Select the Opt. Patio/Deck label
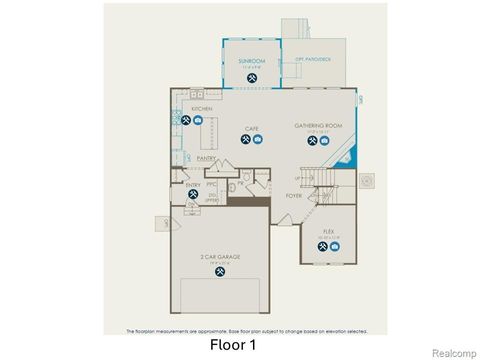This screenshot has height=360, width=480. click(x=312, y=59)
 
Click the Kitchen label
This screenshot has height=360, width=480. click(x=188, y=108)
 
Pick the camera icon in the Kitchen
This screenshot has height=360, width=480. click(x=198, y=121)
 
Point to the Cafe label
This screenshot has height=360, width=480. click(x=252, y=128)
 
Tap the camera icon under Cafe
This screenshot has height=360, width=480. click(x=257, y=140)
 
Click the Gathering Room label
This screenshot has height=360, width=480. click(x=312, y=125)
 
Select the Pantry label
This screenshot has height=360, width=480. click(x=206, y=158)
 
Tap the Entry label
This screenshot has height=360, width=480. click(x=193, y=184)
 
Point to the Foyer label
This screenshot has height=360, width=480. click(x=293, y=196)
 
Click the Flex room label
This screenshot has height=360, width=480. click(x=328, y=231)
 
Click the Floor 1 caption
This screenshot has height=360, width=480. click(x=233, y=346)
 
